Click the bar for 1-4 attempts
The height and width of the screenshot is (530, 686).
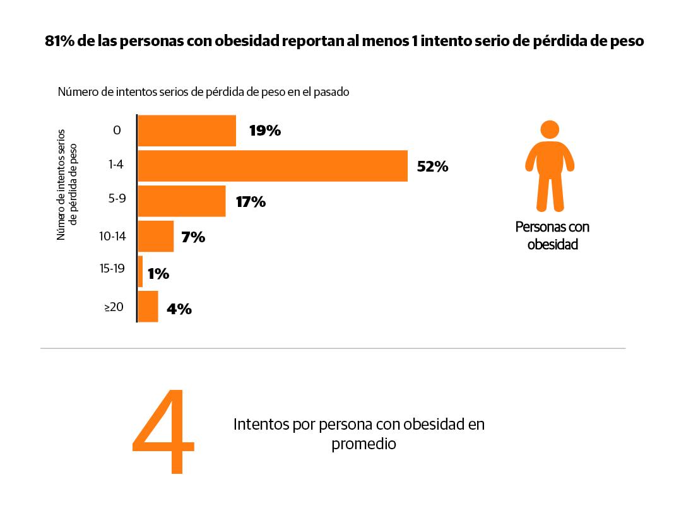point(272,166)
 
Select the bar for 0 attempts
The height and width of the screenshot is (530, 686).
point(187,131)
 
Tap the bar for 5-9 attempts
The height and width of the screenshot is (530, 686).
point(181,201)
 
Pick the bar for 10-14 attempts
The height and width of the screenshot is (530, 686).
point(155,237)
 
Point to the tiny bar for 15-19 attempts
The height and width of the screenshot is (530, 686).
point(140,271)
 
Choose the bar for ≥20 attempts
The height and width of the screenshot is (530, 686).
point(148,307)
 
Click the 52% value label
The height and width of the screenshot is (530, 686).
point(432,167)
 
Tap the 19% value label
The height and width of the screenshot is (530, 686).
point(264,131)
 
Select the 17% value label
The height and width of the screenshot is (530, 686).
point(250,202)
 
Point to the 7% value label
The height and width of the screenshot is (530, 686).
point(193,238)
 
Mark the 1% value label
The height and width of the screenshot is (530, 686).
point(158,274)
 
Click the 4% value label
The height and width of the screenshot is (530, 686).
point(179,309)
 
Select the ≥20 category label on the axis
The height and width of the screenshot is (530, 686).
point(114,307)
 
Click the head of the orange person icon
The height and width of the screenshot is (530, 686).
point(550,130)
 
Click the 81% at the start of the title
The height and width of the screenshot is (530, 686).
point(60,42)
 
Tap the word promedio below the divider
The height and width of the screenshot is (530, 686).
point(364,444)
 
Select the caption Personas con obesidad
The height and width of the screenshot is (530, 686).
point(552,235)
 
